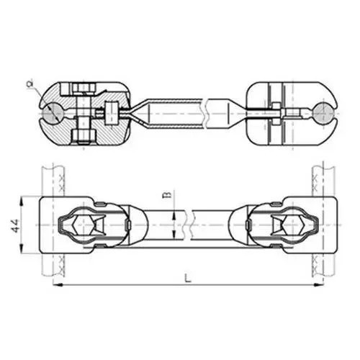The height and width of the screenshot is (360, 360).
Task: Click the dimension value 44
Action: coord(15,225)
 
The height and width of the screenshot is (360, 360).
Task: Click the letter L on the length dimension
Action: coord(189,279)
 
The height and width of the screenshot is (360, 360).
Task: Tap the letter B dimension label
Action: coord(169,194)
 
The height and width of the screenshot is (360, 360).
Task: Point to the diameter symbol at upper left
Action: coord(30,84)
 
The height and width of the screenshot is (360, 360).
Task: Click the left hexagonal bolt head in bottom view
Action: coord(83,225)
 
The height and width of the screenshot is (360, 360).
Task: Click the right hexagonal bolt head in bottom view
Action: coord(294,225)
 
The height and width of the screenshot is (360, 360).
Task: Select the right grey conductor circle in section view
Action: coord(324,113)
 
